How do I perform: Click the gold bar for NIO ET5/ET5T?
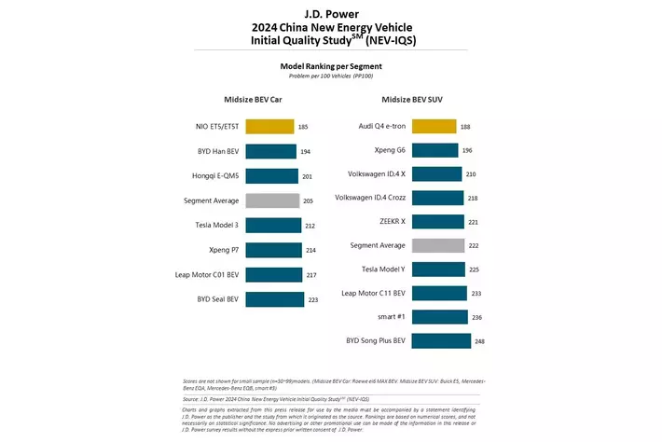pyautogui.click(x=269, y=126)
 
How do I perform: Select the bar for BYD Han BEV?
pyautogui.click(x=270, y=151)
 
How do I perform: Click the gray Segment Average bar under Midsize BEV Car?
pyautogui.click(x=271, y=200)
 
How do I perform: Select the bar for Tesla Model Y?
pyautogui.click(x=435, y=269)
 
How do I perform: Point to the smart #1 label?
pyautogui.click(x=390, y=317)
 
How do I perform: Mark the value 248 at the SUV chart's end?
pyautogui.click(x=478, y=341)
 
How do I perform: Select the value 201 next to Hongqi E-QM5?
pyautogui.click(x=308, y=175)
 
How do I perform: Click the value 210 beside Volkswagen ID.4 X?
pyautogui.click(x=472, y=173)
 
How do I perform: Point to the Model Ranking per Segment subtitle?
pyautogui.click(x=331, y=66)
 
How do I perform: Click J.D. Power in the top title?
pyautogui.click(x=331, y=13)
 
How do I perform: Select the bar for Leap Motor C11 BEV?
pyautogui.click(x=436, y=293)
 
